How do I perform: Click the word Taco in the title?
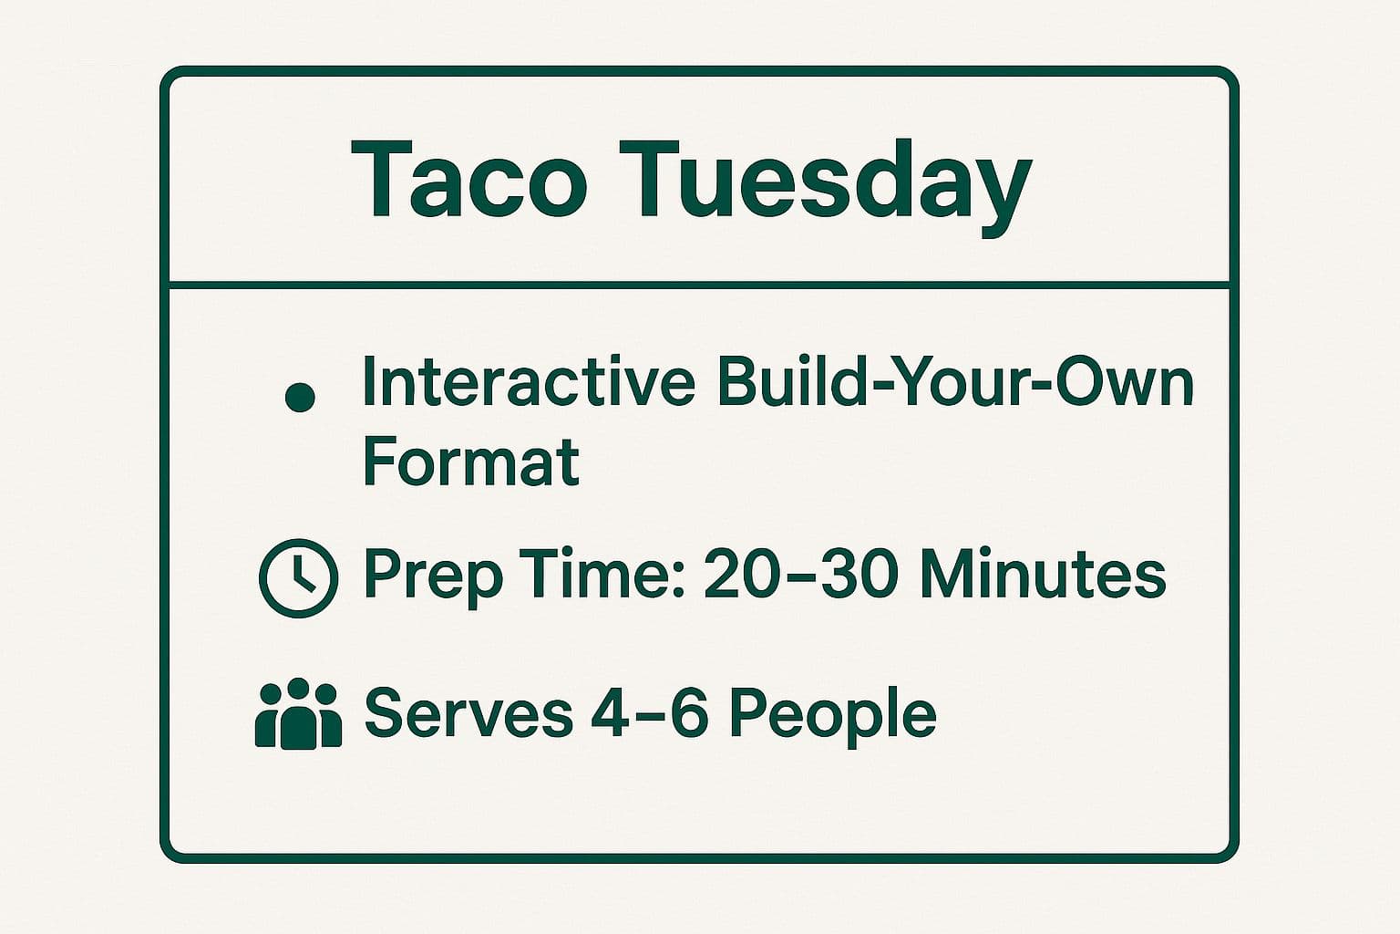point(468,181)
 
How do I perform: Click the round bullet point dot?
point(300,398)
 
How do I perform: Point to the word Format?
point(470,462)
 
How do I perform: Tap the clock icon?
point(299,578)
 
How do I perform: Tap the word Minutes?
point(1042,575)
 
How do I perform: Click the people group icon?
point(298,714)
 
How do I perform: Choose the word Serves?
point(468,712)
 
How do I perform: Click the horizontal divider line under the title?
point(700,285)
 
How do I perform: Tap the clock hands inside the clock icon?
point(302,575)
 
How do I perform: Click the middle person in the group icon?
point(298,718)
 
